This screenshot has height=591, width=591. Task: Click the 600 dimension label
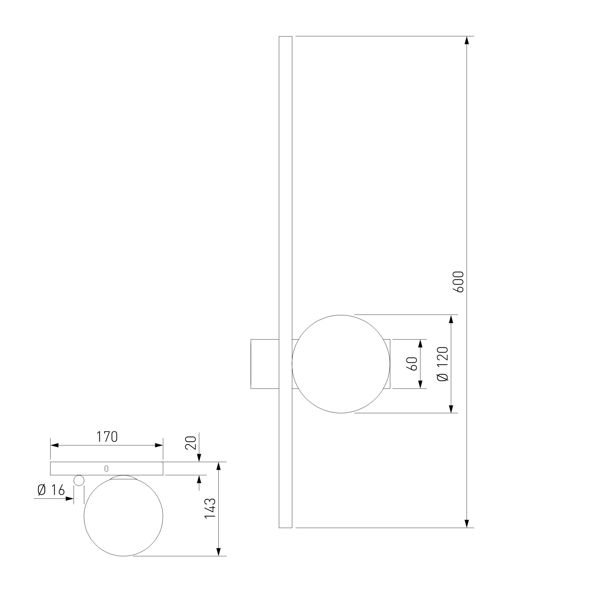(459, 282)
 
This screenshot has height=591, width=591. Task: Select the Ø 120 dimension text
(443, 364)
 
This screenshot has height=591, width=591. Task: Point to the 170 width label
(107, 437)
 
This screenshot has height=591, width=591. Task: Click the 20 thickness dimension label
(191, 443)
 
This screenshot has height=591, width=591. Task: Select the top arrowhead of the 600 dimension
(467, 41)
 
